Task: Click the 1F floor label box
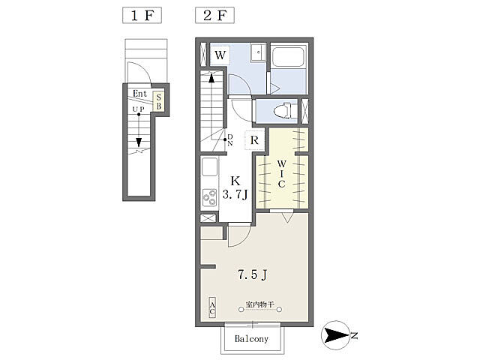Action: tap(142, 15)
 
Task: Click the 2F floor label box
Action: tap(215, 15)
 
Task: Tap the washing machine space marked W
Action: tap(220, 55)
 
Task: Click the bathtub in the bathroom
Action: tap(288, 57)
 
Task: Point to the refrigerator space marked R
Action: tap(254, 140)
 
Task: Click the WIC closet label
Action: tap(282, 173)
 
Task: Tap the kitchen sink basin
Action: tap(210, 166)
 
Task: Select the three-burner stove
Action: tap(210, 197)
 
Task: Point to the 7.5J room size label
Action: tap(253, 274)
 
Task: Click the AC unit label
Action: tap(212, 307)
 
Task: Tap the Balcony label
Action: tap(252, 339)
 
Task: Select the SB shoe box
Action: tap(158, 102)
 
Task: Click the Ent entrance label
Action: tap(140, 94)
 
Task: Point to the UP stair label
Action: tap(138, 109)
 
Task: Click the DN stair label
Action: tap(230, 140)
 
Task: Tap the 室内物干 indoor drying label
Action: tap(259, 304)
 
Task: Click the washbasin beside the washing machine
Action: tap(258, 53)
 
